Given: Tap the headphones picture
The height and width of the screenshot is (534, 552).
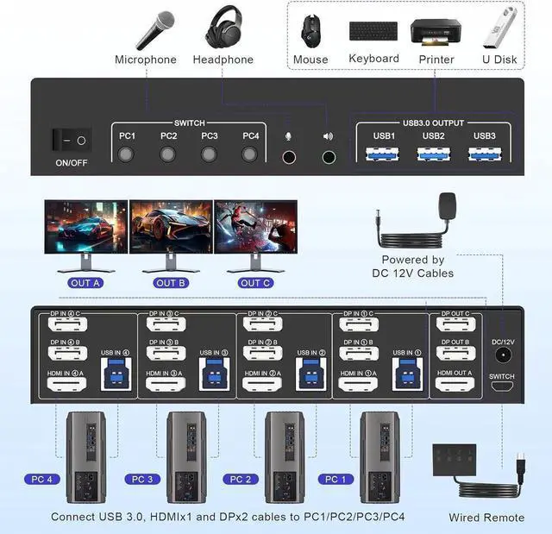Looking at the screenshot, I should (x=223, y=28).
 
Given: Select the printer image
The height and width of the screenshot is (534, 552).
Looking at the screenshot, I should (x=431, y=31).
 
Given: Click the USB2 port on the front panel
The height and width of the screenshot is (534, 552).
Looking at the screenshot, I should (x=433, y=154).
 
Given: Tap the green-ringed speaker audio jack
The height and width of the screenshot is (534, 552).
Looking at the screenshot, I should (x=328, y=158).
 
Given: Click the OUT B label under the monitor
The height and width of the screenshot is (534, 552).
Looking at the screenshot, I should (x=171, y=283).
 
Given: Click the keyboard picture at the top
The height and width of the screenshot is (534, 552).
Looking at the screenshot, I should (x=373, y=31).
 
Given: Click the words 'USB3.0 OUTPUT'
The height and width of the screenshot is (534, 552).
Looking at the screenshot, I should (x=432, y=123).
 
